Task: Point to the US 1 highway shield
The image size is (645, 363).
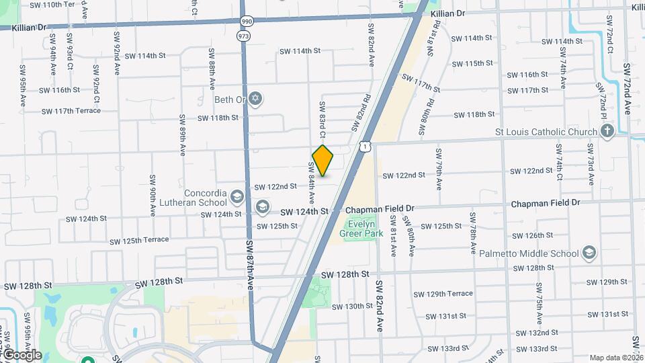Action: click(364, 146)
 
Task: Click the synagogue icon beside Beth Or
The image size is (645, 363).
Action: click(254, 99)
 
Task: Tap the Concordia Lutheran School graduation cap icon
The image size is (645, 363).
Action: click(236, 196)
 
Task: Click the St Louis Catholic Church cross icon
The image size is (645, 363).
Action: click(607, 132)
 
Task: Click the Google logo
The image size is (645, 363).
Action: click(21, 355)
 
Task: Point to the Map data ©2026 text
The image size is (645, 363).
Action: click(616, 358)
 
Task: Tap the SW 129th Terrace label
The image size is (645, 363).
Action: click(443, 294)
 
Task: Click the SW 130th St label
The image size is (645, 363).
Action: click(353, 306)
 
